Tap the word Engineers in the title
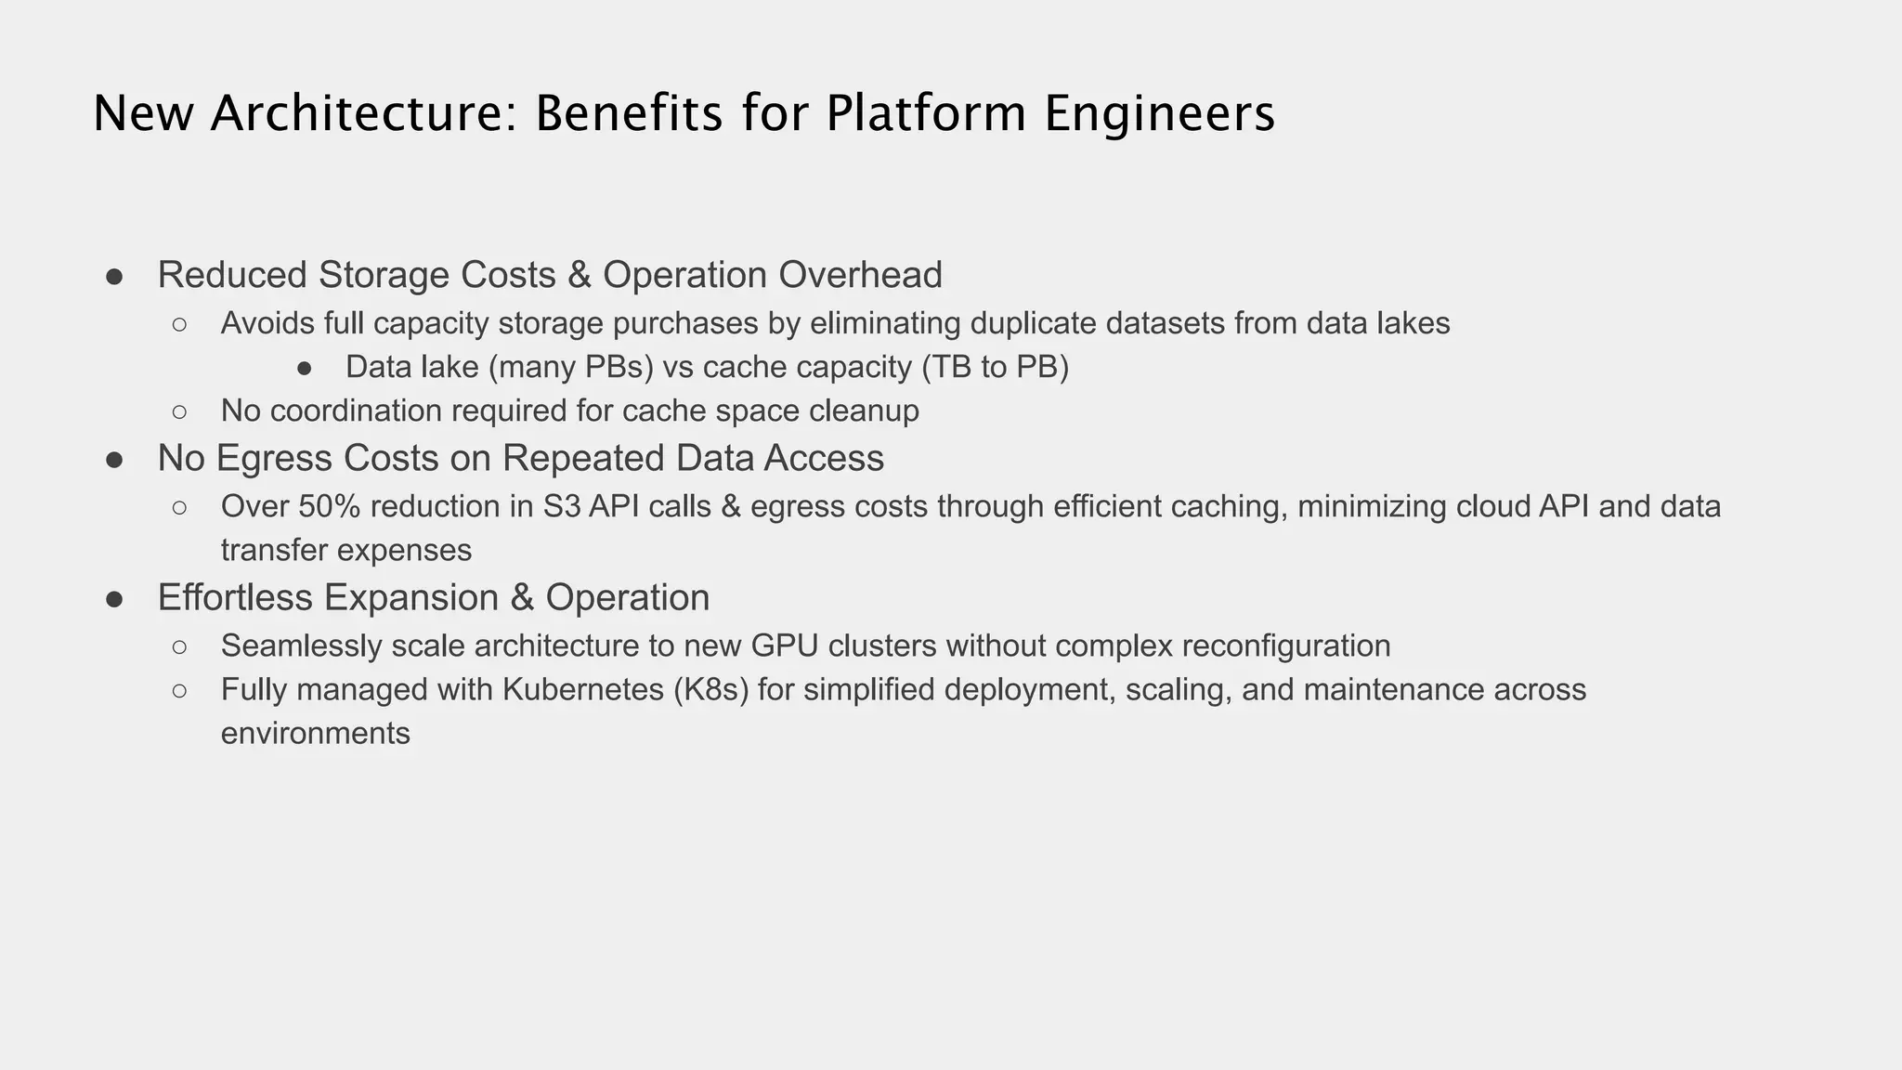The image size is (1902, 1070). pyautogui.click(x=1159, y=114)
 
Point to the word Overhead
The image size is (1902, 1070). pyautogui.click(x=860, y=275)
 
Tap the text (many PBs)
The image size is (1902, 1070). pyautogui.click(x=571, y=367)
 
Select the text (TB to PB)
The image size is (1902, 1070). pyautogui.click(x=996, y=367)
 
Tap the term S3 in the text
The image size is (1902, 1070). pyautogui.click(x=561, y=506)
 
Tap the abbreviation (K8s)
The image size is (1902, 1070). pyautogui.click(x=712, y=689)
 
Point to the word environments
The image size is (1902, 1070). pyautogui.click(x=316, y=733)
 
